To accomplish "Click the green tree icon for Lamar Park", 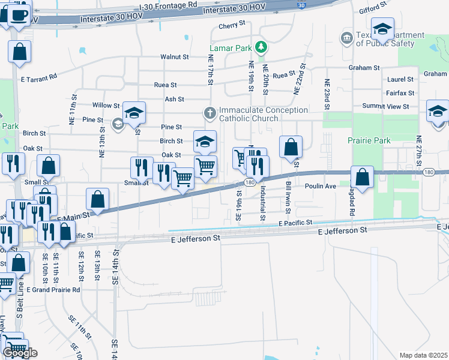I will pos(261,46).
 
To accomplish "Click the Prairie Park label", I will pos(369,141).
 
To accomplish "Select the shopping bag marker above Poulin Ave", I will pos(363,178).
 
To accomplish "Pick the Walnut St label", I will pos(174,57).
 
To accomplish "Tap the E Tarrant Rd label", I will pos(38,77).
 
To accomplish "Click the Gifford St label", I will pos(373,9).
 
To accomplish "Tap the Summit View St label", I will pos(385,106).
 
